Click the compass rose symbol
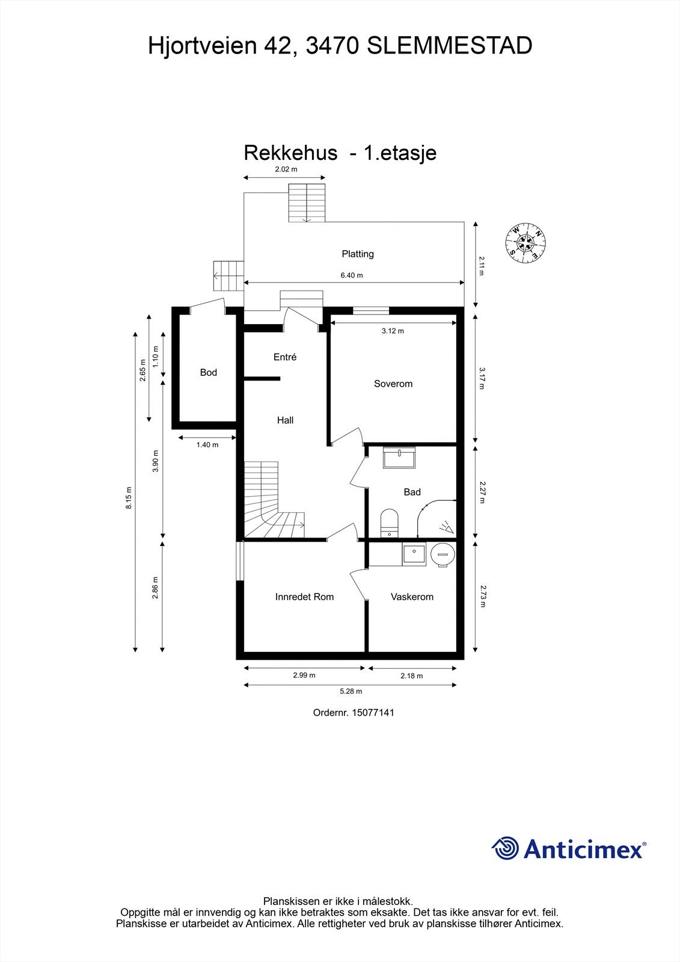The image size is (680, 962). click(526, 242)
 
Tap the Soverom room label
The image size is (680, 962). click(393, 384)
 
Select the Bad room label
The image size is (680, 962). click(412, 492)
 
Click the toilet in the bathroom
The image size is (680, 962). click(390, 521)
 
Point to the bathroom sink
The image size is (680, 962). click(399, 458)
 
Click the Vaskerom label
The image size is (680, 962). click(412, 596)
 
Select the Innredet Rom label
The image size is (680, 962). click(304, 596)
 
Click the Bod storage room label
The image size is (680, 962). click(208, 372)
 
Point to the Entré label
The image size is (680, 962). click(285, 357)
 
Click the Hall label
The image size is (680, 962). click(285, 420)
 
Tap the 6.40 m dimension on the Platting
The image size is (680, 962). click(352, 275)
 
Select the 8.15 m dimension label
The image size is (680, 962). click(128, 498)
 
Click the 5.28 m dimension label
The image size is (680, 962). click(351, 691)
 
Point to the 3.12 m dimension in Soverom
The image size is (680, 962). click(393, 331)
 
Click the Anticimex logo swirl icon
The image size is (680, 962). click(505, 848)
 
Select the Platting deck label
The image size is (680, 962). click(358, 254)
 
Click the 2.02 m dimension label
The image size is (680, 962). click(286, 170)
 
